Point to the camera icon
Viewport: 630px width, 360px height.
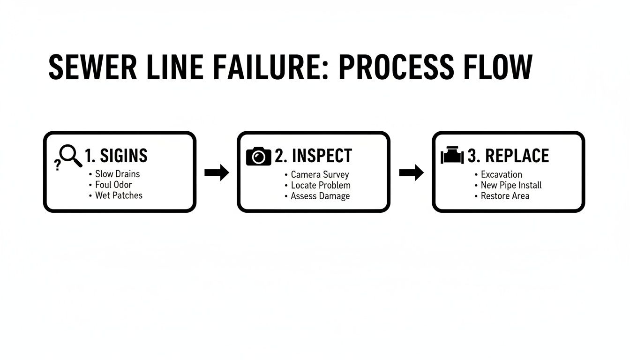pyautogui.click(x=258, y=156)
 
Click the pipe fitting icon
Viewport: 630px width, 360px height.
pyautogui.click(x=452, y=156)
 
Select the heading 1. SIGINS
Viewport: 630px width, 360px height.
pyautogui.click(x=116, y=156)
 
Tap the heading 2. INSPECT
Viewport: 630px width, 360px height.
pyautogui.click(x=313, y=156)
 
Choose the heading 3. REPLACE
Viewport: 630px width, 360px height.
pyautogui.click(x=508, y=156)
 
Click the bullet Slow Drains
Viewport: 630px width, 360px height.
pyautogui.click(x=117, y=174)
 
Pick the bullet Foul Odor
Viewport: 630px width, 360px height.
pyautogui.click(x=113, y=185)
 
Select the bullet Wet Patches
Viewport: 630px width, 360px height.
pyautogui.click(x=119, y=195)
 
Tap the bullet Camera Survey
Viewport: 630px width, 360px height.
pyautogui.click(x=320, y=174)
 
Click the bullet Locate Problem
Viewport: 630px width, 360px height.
pyautogui.click(x=321, y=185)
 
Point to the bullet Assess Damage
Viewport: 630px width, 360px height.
pyautogui.click(x=320, y=196)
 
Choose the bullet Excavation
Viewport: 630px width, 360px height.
pyautogui.click(x=501, y=174)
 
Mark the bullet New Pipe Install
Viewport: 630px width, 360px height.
pyautogui.click(x=511, y=185)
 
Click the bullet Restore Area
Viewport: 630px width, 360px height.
pyautogui.click(x=505, y=196)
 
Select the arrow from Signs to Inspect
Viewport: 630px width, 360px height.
pyautogui.click(x=217, y=173)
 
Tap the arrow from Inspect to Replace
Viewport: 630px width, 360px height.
pyautogui.click(x=411, y=173)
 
